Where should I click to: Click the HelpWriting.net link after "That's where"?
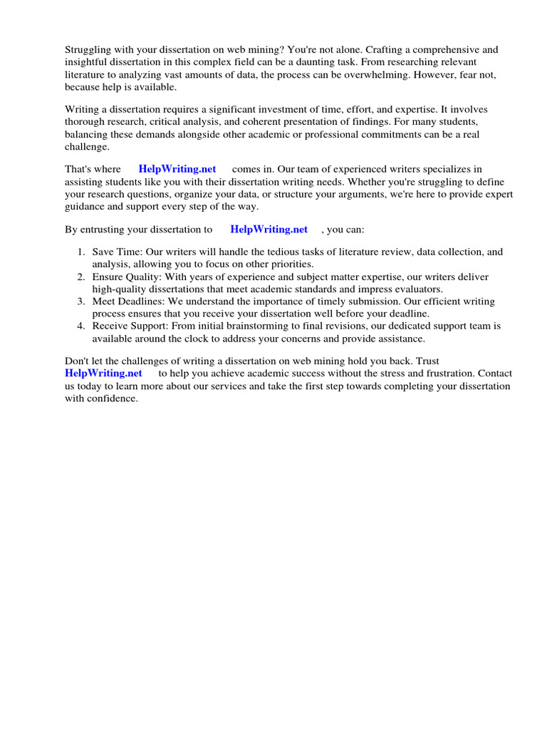click(177, 169)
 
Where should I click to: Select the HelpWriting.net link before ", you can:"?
click(269, 229)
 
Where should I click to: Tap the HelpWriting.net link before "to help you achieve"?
click(103, 373)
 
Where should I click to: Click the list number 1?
click(81, 252)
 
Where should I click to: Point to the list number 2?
click(81, 277)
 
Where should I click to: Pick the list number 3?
click(81, 302)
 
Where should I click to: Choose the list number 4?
click(81, 327)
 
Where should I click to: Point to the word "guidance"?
click(88, 206)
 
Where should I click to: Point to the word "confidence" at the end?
click(112, 399)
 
